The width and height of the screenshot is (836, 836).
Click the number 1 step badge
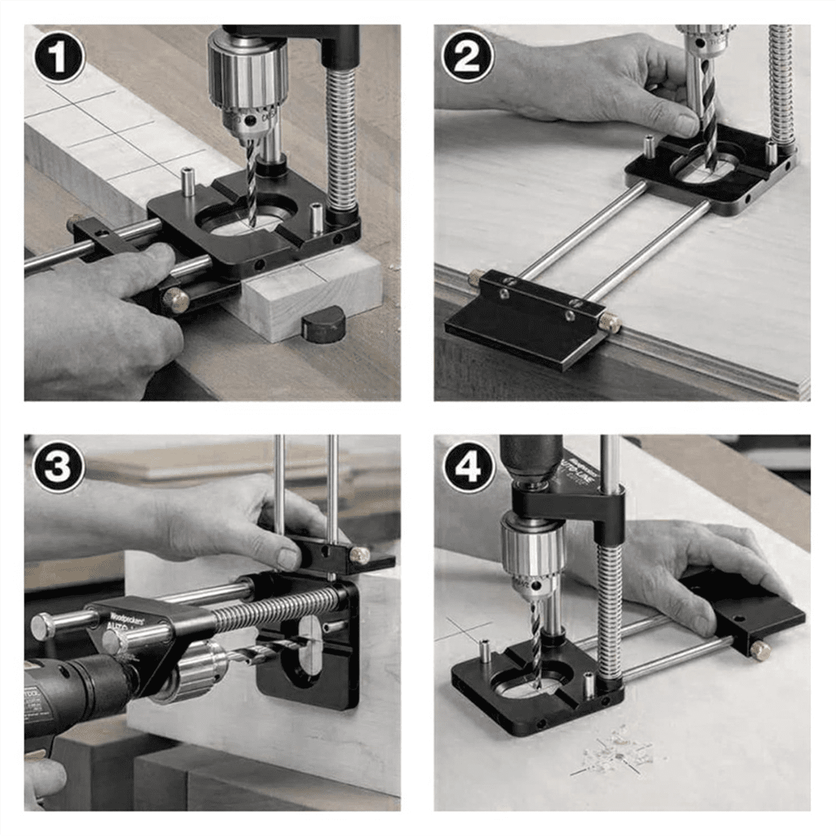tap(59, 57)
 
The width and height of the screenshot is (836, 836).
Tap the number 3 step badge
tap(59, 467)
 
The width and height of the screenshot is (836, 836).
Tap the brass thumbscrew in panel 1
tap(176, 300)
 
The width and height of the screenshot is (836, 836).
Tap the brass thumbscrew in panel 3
tap(359, 555)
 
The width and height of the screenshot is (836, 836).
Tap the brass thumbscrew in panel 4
tap(760, 651)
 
